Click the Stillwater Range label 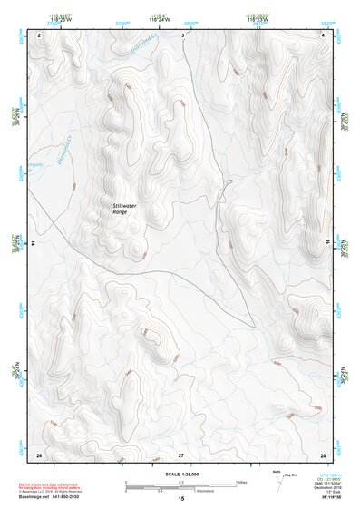click(x=125, y=210)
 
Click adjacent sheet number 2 click(x=40, y=34)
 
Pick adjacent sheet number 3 click(x=182, y=34)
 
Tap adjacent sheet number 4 click(x=323, y=34)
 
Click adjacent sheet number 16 click(x=328, y=243)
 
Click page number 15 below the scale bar click(x=181, y=499)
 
